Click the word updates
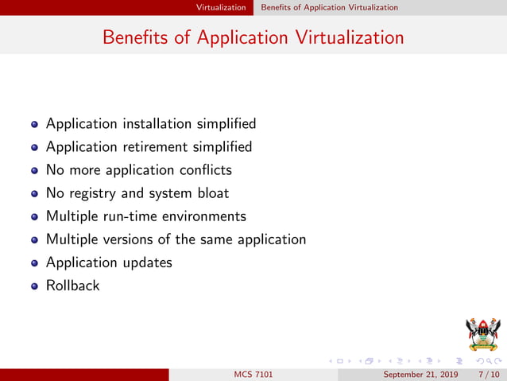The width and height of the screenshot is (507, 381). point(145,262)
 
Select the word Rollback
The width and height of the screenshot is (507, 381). point(73,286)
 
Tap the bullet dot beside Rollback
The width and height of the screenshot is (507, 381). point(34,286)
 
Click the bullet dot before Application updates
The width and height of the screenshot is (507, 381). point(34,263)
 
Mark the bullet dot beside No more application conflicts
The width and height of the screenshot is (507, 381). point(34,171)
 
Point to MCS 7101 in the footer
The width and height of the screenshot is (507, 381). point(253,375)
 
